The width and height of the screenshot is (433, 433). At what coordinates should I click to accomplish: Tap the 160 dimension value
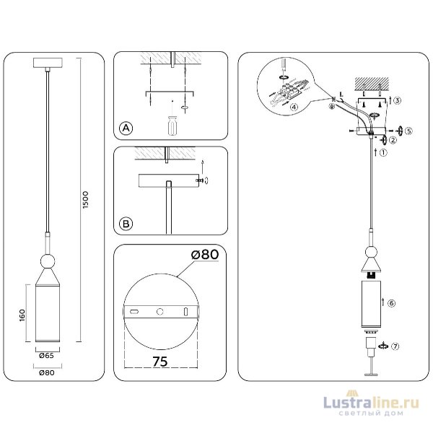[x=23, y=315]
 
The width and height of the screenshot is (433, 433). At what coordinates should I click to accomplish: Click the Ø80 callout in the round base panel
[x=205, y=255]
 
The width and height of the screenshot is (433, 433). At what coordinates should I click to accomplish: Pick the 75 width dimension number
[x=161, y=362]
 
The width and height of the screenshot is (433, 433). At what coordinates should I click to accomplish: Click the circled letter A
[x=126, y=128]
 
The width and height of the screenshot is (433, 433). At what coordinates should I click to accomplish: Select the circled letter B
[x=126, y=224]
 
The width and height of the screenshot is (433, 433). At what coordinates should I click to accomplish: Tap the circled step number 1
[x=382, y=152]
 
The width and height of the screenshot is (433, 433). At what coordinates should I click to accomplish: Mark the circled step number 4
[x=294, y=108]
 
